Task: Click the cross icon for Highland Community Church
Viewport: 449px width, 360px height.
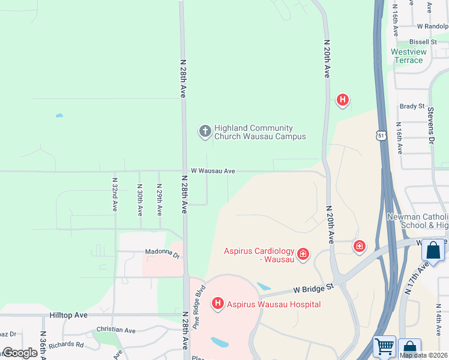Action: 205,131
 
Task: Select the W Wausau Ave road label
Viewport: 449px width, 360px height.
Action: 213,171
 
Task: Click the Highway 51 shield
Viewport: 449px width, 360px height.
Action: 382,136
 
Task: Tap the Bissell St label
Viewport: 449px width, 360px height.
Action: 423,42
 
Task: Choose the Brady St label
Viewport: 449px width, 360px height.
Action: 412,106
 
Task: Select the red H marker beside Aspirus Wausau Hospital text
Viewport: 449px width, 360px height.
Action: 218,304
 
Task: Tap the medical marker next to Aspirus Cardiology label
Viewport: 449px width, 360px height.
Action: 303,254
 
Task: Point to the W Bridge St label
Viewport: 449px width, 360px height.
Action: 313,289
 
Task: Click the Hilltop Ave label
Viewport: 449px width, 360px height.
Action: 68,314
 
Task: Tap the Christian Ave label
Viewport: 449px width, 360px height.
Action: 116,329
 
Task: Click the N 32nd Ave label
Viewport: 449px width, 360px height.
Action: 115,194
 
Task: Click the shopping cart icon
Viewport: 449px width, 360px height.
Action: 385,347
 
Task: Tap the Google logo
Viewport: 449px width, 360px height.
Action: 20,353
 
